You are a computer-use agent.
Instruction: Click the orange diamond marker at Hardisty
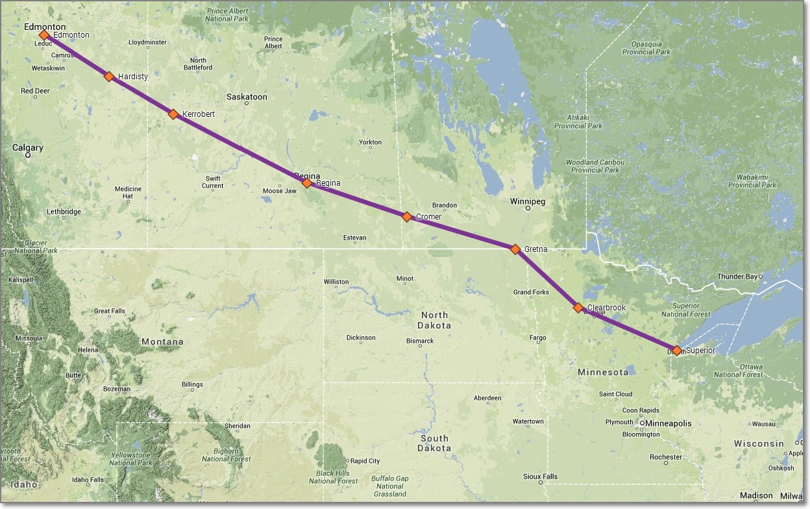click(109, 77)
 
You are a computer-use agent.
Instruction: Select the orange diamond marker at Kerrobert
click(173, 114)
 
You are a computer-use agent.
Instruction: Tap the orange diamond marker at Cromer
click(407, 217)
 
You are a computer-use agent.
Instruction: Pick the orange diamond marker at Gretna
click(515, 249)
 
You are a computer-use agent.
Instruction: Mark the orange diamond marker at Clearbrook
click(578, 308)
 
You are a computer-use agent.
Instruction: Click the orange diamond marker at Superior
click(677, 351)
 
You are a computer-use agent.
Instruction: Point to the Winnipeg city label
click(527, 201)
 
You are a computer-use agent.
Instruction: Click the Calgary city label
click(28, 148)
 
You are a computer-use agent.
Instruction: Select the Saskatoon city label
click(247, 97)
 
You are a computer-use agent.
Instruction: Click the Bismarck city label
click(420, 341)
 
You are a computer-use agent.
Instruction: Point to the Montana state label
click(162, 341)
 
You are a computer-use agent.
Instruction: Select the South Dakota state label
click(434, 443)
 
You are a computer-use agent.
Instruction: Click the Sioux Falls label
click(540, 477)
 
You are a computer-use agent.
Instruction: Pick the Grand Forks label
click(530, 292)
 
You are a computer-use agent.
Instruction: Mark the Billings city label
click(192, 384)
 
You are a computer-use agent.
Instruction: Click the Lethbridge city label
click(64, 212)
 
